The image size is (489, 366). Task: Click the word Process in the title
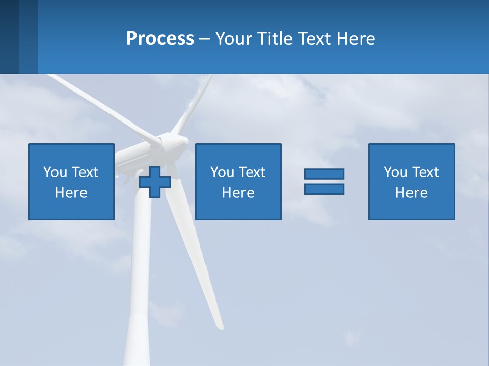(160, 39)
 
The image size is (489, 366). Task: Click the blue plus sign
(155, 182)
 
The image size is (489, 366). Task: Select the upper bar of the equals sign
(324, 174)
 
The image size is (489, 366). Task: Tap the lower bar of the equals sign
(324, 189)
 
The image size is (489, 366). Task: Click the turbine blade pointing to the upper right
(196, 102)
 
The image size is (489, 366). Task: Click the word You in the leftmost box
(55, 172)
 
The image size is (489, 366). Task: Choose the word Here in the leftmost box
(71, 193)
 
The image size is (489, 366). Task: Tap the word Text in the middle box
(252, 172)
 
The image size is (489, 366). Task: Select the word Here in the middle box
(238, 193)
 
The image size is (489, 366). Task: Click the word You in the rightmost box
(395, 172)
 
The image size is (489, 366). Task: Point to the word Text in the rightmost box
(425, 172)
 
